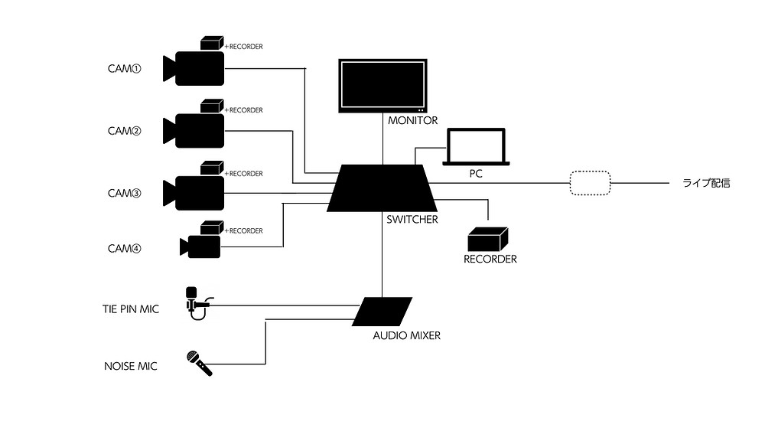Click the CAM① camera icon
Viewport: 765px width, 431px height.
(194, 68)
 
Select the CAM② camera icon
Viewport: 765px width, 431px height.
(194, 131)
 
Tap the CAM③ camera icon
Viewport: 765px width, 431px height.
(194, 193)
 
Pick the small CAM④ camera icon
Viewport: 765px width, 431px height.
(200, 247)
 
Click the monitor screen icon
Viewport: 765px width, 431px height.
(383, 86)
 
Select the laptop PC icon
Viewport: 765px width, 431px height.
(476, 147)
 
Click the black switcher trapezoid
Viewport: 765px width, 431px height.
(382, 188)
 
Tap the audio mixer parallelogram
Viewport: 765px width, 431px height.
(382, 312)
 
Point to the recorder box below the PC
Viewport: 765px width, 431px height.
(488, 239)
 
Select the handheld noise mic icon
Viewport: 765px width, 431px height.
(200, 364)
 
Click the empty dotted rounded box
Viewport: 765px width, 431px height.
(591, 183)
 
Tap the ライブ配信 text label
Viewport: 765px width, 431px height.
(706, 183)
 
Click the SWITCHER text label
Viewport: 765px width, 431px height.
(412, 220)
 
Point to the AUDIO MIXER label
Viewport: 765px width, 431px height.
(406, 335)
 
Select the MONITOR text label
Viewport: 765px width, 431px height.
(413, 120)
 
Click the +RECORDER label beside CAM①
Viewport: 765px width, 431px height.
(243, 47)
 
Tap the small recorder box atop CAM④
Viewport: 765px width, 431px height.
(212, 228)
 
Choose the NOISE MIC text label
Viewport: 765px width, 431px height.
(130, 366)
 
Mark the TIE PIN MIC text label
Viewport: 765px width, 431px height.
(130, 309)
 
